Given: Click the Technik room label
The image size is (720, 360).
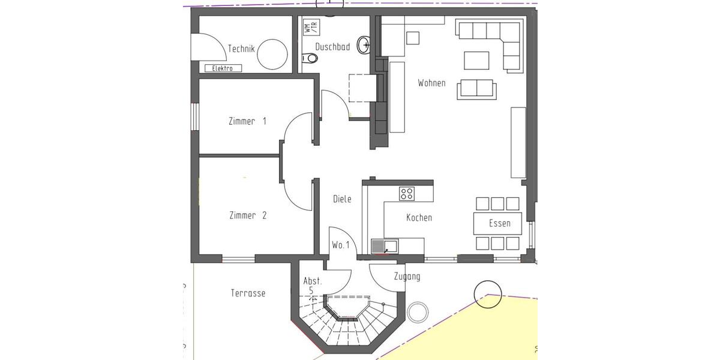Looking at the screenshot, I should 242,49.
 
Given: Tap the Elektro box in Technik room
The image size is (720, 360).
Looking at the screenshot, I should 223,68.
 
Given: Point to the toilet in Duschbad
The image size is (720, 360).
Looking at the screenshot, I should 310,58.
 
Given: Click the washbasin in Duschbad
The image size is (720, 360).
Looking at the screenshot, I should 364,44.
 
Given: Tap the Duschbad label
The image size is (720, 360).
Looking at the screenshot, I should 332,47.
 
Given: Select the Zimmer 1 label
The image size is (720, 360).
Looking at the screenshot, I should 247,121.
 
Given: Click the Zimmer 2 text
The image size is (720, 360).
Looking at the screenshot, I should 247,215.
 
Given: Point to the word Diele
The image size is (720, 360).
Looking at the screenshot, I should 342,199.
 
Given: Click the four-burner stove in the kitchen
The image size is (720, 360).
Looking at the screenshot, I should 407,193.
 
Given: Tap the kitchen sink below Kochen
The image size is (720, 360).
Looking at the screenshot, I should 383,245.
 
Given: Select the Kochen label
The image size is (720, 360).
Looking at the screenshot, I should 419,218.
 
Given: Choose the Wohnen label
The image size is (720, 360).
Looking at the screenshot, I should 431,83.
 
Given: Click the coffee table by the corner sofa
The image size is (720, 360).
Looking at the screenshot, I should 476,61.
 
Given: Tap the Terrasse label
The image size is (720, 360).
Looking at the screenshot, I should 248,293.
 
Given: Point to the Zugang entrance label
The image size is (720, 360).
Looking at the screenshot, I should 407,277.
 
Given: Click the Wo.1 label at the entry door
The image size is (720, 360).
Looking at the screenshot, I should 341,245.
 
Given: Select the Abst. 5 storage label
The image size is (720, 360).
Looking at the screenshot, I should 313,285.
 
